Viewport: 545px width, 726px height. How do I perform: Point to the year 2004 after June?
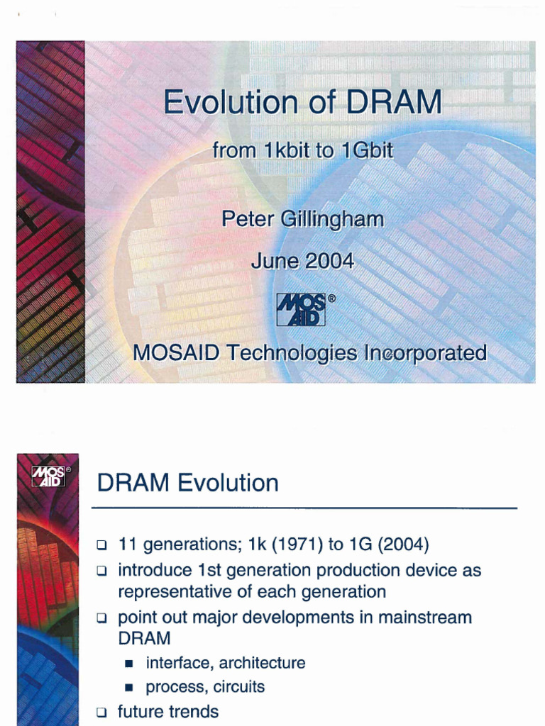click(329, 261)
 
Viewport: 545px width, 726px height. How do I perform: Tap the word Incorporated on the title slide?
click(425, 352)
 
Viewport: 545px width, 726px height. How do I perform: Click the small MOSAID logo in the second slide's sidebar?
click(48, 476)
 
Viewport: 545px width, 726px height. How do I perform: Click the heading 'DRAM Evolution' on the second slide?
click(187, 484)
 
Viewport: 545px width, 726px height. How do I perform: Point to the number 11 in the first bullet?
click(128, 545)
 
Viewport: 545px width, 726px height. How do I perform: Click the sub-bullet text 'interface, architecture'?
click(225, 663)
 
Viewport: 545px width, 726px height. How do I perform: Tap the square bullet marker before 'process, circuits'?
click(129, 687)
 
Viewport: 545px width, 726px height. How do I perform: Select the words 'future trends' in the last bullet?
click(168, 711)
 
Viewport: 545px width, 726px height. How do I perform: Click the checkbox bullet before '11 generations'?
click(102, 547)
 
